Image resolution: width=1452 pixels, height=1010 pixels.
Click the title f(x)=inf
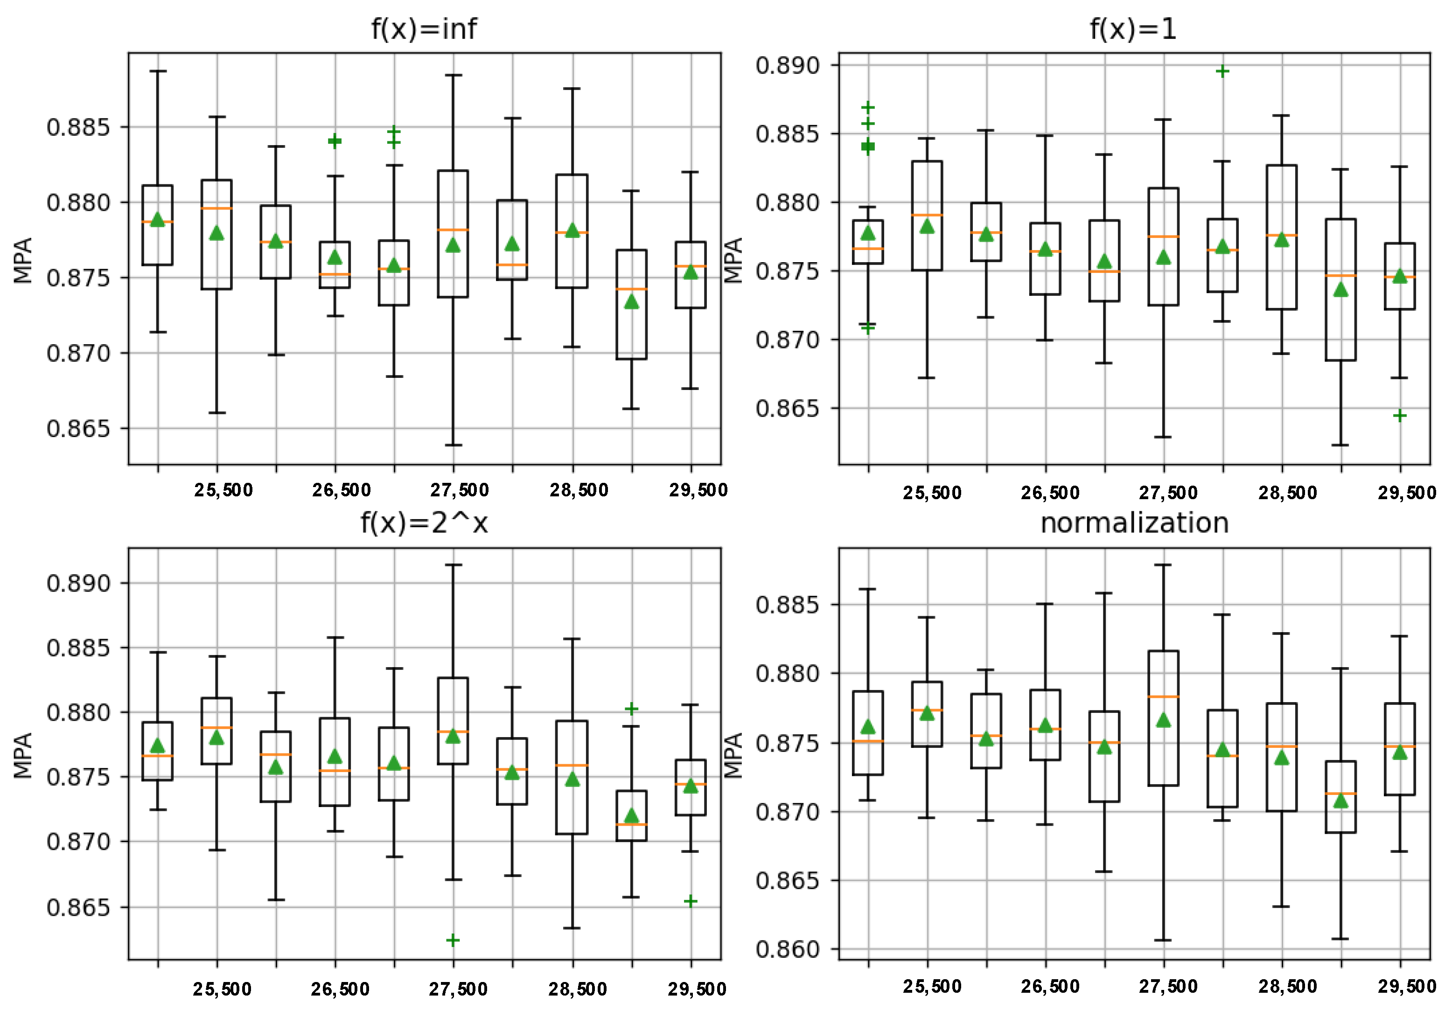pos(424,29)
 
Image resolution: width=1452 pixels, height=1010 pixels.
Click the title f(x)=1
pos(1133,29)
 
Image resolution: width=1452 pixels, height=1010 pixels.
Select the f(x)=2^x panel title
pos(424,523)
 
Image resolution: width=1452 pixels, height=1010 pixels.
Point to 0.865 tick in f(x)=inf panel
pos(78,428)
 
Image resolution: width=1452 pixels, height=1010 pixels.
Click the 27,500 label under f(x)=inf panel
pos(460,490)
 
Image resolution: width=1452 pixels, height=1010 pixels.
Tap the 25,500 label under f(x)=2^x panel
pos(222,989)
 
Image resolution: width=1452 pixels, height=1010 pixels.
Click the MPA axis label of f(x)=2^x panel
pos(23,755)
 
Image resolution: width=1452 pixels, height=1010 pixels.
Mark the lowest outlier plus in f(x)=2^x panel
pos(453,940)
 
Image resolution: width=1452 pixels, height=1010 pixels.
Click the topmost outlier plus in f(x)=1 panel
pos(1222,71)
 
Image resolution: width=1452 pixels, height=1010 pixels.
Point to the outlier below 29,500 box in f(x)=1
pos(1400,416)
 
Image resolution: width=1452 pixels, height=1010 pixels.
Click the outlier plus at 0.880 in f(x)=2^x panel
pos(631,709)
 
